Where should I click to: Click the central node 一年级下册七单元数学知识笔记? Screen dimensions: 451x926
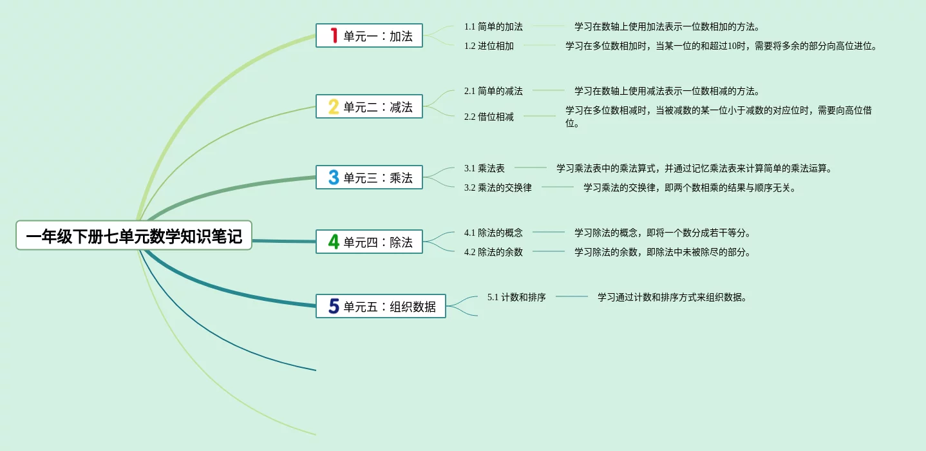click(x=134, y=236)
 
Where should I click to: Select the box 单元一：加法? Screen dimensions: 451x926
click(x=369, y=36)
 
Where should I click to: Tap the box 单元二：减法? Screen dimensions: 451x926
click(x=369, y=107)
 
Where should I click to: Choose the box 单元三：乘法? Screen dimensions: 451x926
click(x=369, y=178)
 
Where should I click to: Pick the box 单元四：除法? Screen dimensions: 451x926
click(x=369, y=242)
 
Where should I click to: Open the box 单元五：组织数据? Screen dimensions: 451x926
click(x=381, y=307)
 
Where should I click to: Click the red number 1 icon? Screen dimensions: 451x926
click(x=334, y=35)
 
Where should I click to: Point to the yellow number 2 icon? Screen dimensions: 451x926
click(x=334, y=106)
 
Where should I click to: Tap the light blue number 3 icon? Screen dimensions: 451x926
click(x=334, y=177)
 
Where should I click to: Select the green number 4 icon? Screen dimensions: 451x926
click(x=334, y=242)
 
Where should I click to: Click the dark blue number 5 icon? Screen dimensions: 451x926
click(x=334, y=306)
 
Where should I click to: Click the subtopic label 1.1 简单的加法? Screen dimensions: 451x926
click(x=493, y=27)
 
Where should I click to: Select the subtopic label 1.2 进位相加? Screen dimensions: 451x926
click(x=489, y=46)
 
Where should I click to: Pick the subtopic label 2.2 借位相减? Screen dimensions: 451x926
click(x=489, y=117)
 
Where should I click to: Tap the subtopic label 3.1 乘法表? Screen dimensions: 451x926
click(x=484, y=169)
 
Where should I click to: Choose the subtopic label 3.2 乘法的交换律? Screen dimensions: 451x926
click(x=498, y=188)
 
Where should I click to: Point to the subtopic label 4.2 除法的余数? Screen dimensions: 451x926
click(x=493, y=253)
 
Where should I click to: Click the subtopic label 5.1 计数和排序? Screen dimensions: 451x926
click(x=516, y=298)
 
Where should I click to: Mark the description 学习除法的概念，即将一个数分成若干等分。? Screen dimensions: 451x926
click(x=663, y=233)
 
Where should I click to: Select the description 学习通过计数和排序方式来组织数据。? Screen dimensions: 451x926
click(x=672, y=298)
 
